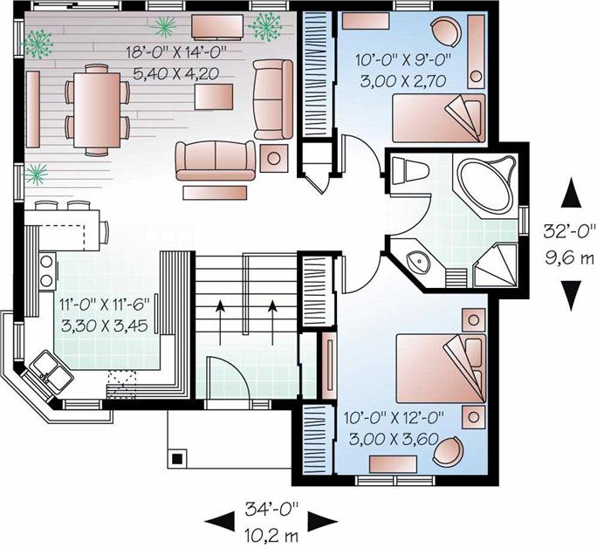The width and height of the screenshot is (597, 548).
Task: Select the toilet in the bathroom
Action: (404, 171)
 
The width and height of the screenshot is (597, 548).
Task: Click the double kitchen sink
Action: (49, 372)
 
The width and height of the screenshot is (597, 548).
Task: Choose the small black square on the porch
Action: (177, 456)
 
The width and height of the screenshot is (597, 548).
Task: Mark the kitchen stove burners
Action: (45, 270)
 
